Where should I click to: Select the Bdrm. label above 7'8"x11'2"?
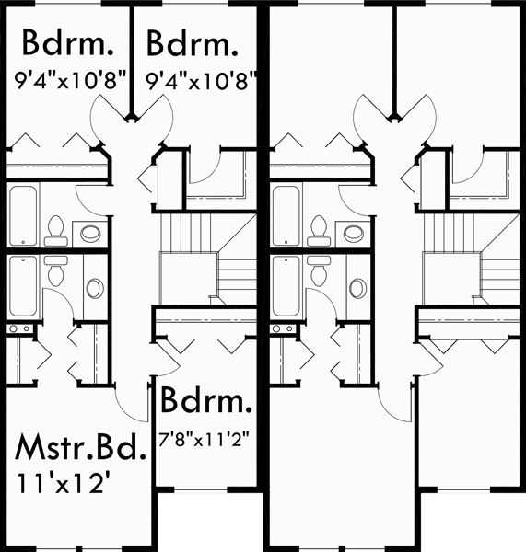tap(206, 402)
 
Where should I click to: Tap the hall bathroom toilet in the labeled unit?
tap(55, 230)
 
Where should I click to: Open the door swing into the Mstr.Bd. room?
tap(130, 397)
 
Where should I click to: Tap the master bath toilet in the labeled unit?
tap(55, 270)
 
